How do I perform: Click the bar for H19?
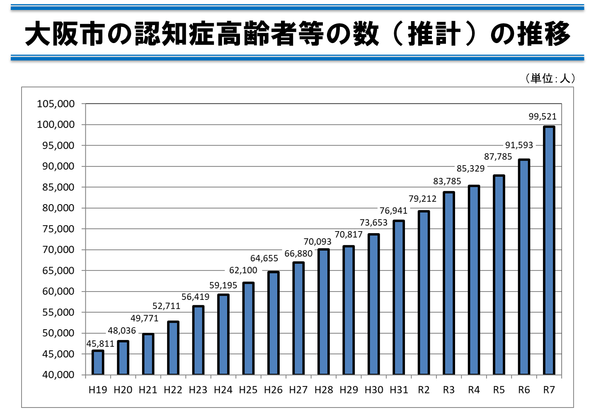(x=98, y=362)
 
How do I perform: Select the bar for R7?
(x=549, y=251)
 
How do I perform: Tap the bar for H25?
(x=248, y=328)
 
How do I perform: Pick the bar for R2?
(x=424, y=293)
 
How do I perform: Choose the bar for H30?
(x=373, y=304)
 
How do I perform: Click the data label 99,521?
(x=543, y=117)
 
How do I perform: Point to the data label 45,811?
(x=100, y=344)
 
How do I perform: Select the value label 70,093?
(x=317, y=242)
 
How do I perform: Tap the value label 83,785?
(x=447, y=181)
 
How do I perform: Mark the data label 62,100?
(x=243, y=270)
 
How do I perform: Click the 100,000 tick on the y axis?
(x=56, y=125)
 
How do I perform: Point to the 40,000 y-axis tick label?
(x=58, y=375)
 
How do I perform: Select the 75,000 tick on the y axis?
(x=58, y=229)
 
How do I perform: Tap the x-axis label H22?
(x=173, y=390)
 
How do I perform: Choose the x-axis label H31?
(x=399, y=390)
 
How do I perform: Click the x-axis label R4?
(x=474, y=390)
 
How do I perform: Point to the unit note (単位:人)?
(x=550, y=78)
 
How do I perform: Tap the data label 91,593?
(x=519, y=145)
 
